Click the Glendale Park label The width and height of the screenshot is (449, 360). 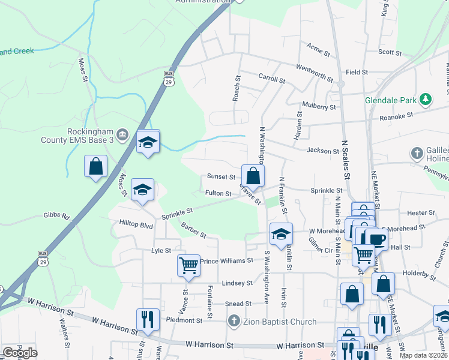tap(391, 101)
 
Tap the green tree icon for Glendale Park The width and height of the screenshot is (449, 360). tap(426, 98)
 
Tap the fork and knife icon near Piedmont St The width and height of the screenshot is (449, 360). tap(148, 319)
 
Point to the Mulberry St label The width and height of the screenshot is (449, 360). tap(319, 106)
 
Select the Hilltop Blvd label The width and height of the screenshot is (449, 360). tap(136, 225)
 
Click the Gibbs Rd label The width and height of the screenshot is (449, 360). tap(56, 215)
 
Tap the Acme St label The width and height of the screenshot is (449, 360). tap(318, 50)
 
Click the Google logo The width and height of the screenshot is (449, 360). tap(20, 353)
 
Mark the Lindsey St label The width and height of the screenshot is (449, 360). tap(237, 283)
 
